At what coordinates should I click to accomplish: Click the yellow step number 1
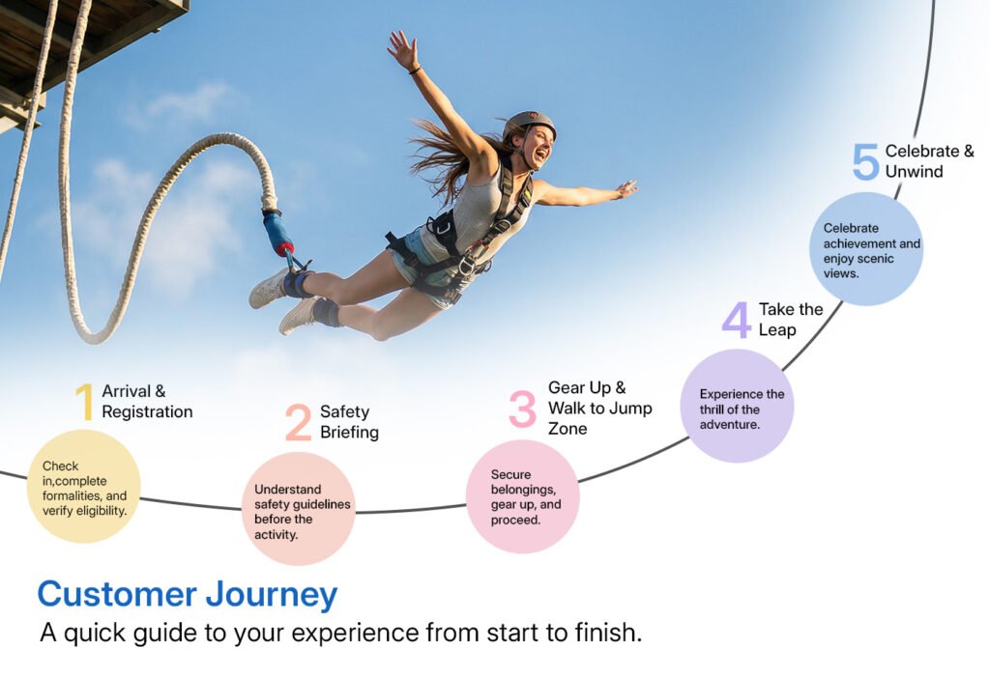[85, 401]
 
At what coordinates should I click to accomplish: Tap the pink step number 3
[522, 409]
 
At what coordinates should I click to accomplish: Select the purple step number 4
[736, 320]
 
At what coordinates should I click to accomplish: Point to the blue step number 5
[865, 161]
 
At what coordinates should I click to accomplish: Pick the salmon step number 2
[298, 423]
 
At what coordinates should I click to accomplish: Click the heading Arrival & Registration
[147, 402]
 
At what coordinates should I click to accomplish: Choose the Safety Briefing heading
[349, 422]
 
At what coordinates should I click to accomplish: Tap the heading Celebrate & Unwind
[929, 161]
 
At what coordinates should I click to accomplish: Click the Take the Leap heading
[791, 319]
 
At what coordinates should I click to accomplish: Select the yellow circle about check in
[83, 486]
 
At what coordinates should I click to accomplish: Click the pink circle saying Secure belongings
[523, 496]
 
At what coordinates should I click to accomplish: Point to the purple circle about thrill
[737, 406]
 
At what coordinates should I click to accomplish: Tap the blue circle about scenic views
[866, 249]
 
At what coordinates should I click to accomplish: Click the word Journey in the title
[272, 595]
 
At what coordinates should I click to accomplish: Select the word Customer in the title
[117, 595]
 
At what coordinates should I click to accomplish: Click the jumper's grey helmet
[529, 125]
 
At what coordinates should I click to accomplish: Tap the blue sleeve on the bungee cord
[277, 232]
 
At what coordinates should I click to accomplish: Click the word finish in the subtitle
[607, 632]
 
